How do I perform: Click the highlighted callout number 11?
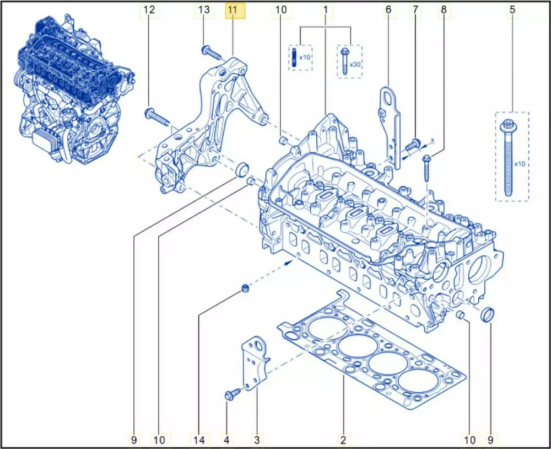235,10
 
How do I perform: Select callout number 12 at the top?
149,10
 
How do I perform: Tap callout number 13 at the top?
204,10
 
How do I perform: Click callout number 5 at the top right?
512,10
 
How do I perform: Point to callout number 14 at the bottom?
199,440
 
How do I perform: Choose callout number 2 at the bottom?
343,440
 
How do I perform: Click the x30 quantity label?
355,65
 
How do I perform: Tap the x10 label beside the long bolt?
520,164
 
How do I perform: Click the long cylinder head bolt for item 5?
507,158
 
